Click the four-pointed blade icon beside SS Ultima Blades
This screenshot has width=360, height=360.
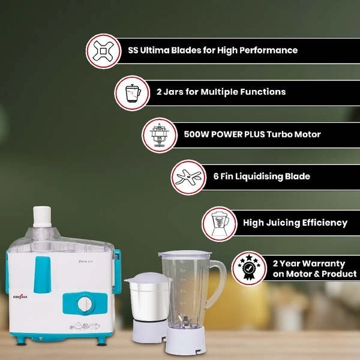103,51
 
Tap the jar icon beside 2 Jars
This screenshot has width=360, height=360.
133,93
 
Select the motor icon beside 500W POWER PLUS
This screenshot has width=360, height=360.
159,135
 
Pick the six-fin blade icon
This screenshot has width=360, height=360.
188,177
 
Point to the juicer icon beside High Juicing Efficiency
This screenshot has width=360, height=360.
220,224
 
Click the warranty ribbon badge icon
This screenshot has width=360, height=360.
248,268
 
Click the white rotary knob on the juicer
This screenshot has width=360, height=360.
85,304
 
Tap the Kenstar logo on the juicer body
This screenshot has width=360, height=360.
20,297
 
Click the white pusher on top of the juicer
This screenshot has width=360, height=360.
42,217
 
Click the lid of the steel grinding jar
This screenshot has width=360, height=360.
148,278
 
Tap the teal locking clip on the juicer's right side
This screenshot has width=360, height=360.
117,272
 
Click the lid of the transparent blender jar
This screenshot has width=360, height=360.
185,254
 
